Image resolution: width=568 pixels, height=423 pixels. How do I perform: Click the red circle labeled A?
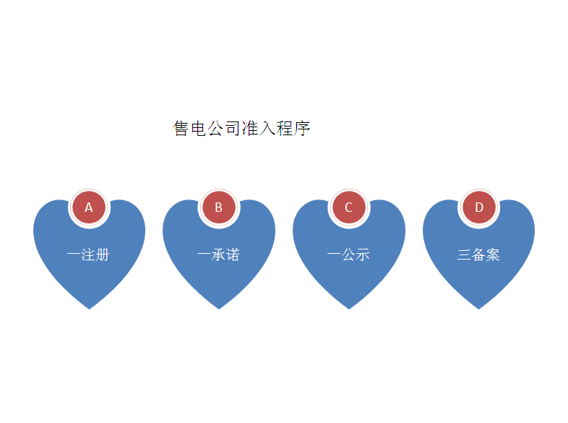coord(89,208)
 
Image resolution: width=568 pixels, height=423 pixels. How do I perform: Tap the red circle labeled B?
coord(218,208)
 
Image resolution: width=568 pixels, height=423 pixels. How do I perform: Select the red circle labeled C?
coord(348,208)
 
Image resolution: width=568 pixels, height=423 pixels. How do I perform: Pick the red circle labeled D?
coord(478,208)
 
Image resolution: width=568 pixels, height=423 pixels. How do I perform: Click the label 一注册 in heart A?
coord(88,255)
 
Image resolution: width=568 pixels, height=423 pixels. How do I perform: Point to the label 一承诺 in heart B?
coord(218,255)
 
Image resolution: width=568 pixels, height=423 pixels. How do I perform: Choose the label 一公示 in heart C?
coord(348,255)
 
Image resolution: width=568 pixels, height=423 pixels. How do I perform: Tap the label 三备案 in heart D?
coord(478,255)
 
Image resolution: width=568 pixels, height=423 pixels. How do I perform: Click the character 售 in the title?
coord(181,129)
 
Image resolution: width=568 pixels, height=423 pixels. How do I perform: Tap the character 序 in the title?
coord(302,129)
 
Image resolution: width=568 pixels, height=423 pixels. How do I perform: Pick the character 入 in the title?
coord(267,129)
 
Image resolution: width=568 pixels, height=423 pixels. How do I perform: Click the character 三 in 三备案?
coord(464,255)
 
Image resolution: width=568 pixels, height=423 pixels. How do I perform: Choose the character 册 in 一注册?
coord(103,255)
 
